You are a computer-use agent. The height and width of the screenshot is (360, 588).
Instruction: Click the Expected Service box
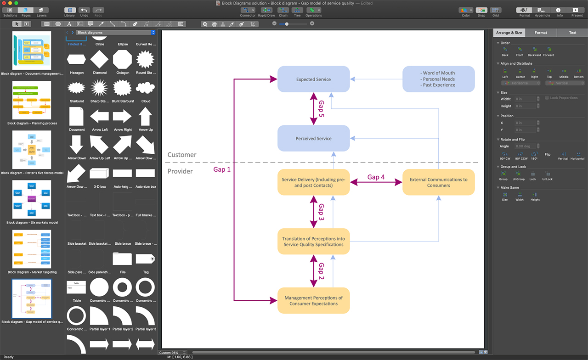[x=313, y=79]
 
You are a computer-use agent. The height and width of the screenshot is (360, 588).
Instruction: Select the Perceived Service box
[x=313, y=138]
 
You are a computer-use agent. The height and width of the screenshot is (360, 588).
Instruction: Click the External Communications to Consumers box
[x=438, y=182]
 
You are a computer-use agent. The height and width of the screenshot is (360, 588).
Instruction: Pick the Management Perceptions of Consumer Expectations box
[x=313, y=301]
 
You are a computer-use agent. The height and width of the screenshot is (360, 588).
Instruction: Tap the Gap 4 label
[x=376, y=177]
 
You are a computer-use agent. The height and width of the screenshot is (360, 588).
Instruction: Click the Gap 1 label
[x=222, y=169]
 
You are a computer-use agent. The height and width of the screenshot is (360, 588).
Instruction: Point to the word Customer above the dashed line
[x=182, y=155]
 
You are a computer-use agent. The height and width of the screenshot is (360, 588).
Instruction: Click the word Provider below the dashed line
[x=180, y=171]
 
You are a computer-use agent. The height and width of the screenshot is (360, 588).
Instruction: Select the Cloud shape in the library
[x=146, y=88]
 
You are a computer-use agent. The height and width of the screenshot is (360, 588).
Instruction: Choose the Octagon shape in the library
[x=122, y=59]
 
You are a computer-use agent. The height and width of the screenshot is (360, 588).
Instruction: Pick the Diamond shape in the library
[x=99, y=59]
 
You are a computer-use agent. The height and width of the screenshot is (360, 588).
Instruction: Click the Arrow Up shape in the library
[x=146, y=117]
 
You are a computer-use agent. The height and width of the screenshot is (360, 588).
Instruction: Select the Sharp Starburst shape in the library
[x=99, y=88]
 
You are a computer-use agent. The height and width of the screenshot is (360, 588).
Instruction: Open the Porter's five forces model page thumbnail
[x=32, y=150]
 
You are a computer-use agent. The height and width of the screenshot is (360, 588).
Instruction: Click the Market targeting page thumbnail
[x=32, y=249]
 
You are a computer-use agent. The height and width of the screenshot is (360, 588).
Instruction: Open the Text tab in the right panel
[x=572, y=33]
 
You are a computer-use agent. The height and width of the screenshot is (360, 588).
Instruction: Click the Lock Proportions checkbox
[x=547, y=98]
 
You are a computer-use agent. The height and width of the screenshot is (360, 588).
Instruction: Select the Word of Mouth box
[x=438, y=79]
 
